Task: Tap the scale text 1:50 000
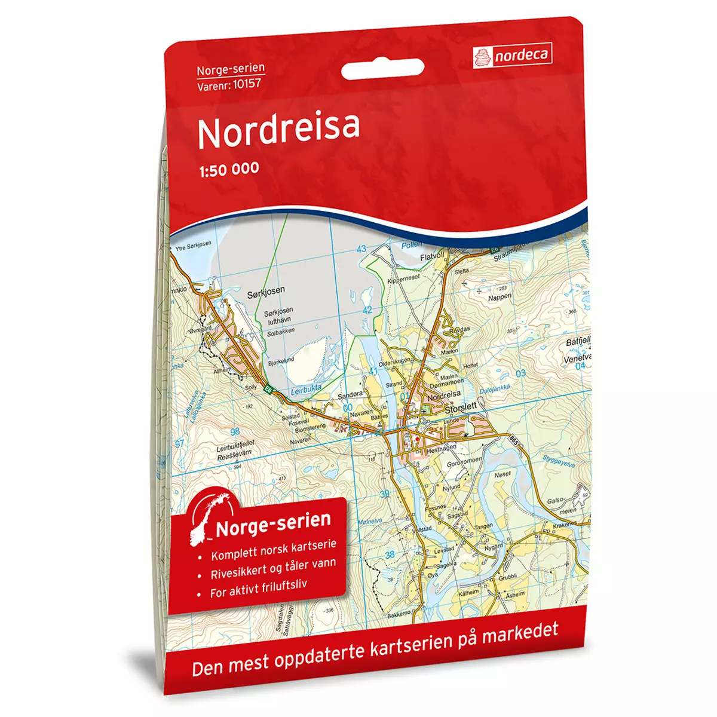tap(228, 168)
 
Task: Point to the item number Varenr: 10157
tap(229, 84)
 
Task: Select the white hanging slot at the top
tap(382, 71)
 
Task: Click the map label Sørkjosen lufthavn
tap(278, 315)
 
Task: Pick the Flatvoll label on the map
tap(433, 256)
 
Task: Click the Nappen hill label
tap(500, 297)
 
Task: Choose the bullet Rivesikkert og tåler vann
tap(273, 569)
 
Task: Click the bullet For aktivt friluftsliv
tap(259, 589)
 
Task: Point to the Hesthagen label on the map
tap(442, 448)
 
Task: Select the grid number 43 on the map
tap(361, 249)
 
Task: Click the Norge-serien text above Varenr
tap(231, 69)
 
